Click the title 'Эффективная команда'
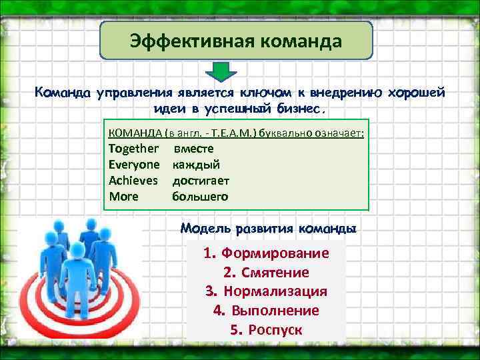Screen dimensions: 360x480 236,41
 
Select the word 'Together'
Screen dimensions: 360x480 133,148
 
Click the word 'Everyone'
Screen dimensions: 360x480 134,164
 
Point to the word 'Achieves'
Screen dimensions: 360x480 133,180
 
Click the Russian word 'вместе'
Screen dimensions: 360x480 193,148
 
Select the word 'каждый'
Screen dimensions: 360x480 196,164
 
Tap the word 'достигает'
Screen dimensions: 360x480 201,180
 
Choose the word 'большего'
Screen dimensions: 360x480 200,196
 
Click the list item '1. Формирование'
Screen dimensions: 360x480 266,253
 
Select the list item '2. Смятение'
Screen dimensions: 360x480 266,273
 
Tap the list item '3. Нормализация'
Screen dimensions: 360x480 266,291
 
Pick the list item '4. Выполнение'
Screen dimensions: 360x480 266,311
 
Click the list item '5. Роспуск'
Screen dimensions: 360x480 266,330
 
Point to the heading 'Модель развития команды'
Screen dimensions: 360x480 268,228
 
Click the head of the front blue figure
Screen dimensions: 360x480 77,250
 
